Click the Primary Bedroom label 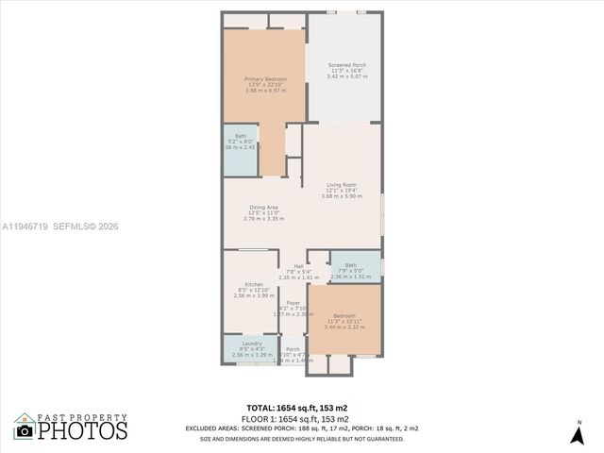click(x=264, y=79)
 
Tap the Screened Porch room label click(x=346, y=65)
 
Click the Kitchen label click(x=253, y=284)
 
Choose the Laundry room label click(x=251, y=344)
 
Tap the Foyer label click(x=294, y=303)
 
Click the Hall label click(x=298, y=266)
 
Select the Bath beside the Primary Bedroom click(x=241, y=136)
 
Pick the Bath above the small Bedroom click(x=350, y=265)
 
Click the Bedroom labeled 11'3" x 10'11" click(x=344, y=315)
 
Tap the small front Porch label click(x=293, y=349)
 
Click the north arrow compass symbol click(x=578, y=434)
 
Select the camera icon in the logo click(x=25, y=431)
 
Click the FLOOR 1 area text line click(x=298, y=418)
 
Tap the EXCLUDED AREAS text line click(x=298, y=428)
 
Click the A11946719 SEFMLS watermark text click(x=59, y=226)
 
